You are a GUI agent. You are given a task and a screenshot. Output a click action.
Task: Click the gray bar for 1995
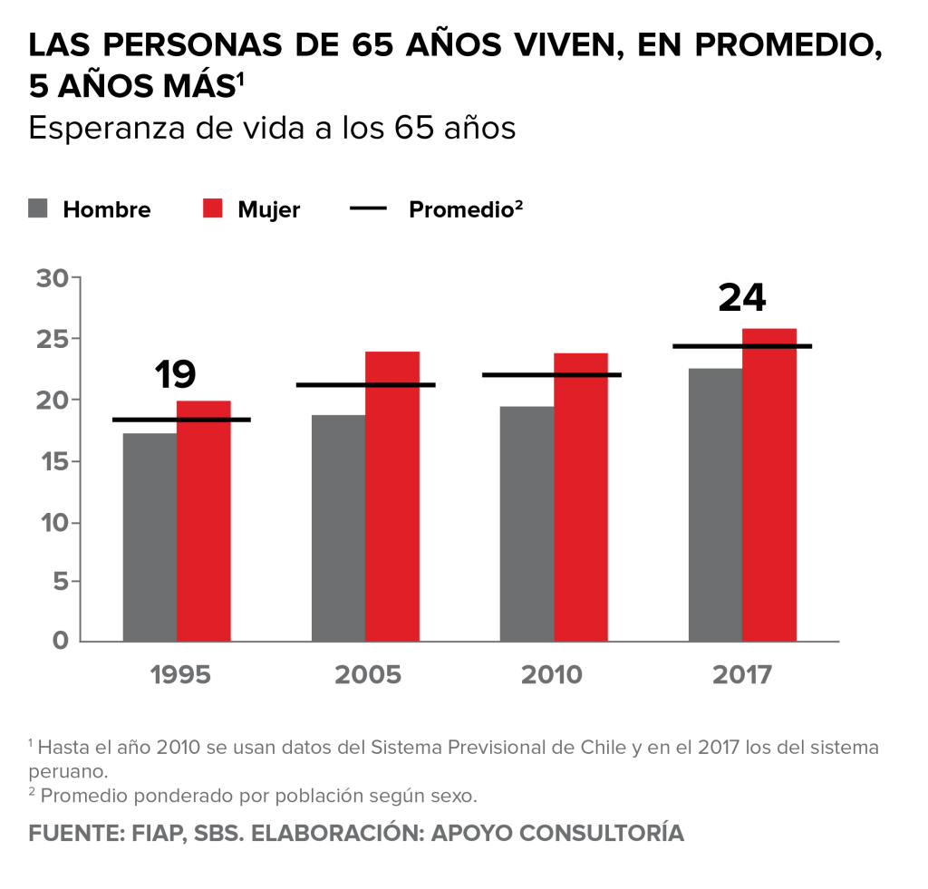click(150, 536)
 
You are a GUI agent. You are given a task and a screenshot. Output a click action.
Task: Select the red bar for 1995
click(204, 530)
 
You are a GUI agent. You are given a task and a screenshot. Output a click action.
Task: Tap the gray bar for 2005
click(338, 527)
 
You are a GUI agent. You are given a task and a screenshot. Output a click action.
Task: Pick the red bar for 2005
click(392, 512)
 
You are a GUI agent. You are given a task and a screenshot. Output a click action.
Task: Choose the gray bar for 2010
click(527, 523)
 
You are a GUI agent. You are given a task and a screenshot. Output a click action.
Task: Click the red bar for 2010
click(581, 507)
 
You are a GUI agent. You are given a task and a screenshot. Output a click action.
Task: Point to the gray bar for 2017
click(715, 504)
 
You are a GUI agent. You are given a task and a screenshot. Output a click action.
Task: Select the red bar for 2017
click(769, 494)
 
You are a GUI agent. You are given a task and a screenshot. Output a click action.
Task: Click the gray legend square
click(38, 208)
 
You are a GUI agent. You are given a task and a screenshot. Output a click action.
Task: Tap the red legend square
click(212, 208)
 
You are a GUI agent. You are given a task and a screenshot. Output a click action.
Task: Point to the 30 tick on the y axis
click(53, 278)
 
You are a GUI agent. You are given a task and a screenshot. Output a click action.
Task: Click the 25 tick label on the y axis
click(53, 339)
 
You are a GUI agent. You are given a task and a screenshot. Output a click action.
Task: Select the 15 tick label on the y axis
click(53, 461)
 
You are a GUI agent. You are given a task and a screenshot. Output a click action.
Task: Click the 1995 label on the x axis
click(181, 676)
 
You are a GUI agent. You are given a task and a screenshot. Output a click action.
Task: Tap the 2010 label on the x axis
click(552, 676)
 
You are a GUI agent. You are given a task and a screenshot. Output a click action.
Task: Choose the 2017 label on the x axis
click(742, 676)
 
